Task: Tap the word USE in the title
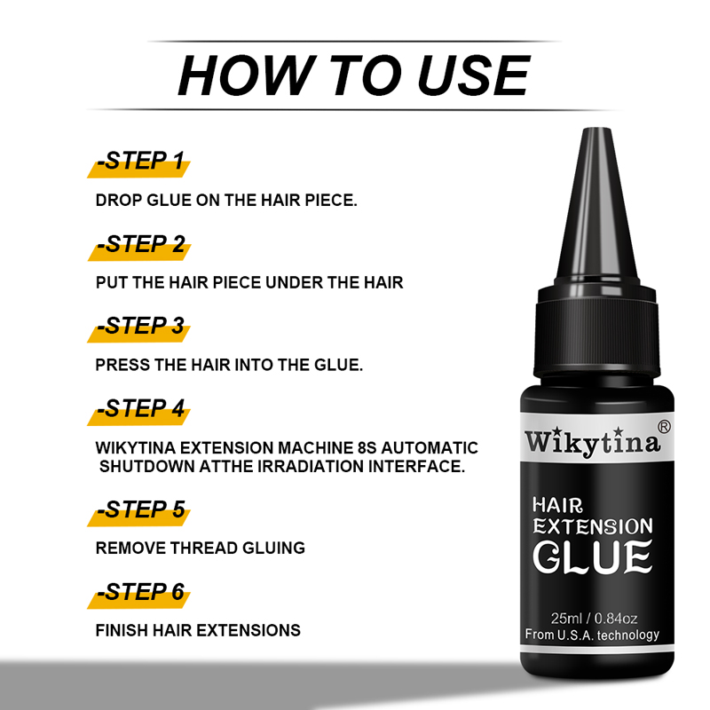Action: click(x=473, y=75)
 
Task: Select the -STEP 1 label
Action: click(x=140, y=162)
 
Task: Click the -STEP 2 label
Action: click(x=141, y=245)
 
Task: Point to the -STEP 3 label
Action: click(x=140, y=326)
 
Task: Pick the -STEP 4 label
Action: click(x=140, y=409)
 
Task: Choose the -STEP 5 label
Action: click(x=141, y=509)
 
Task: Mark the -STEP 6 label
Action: click(x=140, y=592)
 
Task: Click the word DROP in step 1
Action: click(x=119, y=201)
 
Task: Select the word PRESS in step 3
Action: click(x=122, y=365)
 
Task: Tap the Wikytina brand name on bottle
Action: click(x=592, y=442)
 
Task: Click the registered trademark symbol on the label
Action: click(x=664, y=427)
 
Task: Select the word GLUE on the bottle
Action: click(x=592, y=556)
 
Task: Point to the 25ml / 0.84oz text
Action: click(x=594, y=619)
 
